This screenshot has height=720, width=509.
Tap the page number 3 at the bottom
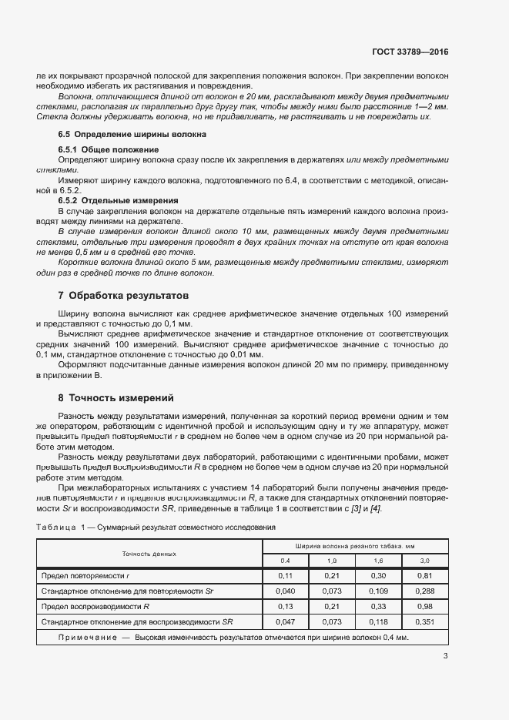click(x=445, y=656)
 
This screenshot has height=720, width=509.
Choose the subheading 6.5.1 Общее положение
click(x=109, y=149)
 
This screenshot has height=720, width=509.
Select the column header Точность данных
click(x=149, y=553)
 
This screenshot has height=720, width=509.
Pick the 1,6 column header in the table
click(x=378, y=561)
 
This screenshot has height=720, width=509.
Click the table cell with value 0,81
click(x=424, y=575)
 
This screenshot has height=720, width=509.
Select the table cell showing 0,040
click(x=285, y=591)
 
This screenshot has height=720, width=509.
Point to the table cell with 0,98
click(x=424, y=606)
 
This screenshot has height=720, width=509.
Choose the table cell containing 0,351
click(x=424, y=621)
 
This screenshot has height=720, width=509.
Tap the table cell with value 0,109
click(x=378, y=591)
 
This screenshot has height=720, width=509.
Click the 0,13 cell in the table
click(x=285, y=606)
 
